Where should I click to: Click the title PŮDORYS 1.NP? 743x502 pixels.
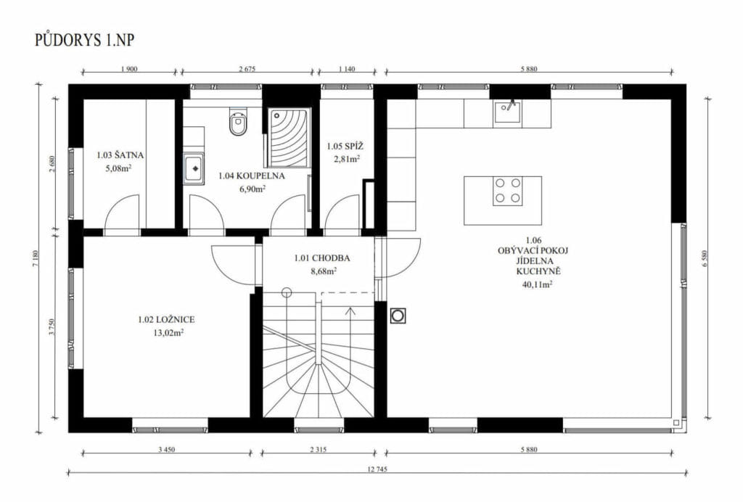84,40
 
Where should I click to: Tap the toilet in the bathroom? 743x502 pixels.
238,121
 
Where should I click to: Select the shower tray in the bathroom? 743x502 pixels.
289,137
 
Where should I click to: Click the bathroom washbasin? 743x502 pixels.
194,168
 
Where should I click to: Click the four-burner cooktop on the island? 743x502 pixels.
507,190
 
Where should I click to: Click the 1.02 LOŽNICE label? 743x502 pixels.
166,320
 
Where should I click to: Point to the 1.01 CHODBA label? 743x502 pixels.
322,258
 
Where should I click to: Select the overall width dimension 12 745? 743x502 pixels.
377,470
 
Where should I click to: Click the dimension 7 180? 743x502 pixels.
35,258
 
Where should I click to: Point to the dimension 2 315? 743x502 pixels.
318,450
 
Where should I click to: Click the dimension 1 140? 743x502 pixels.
347,69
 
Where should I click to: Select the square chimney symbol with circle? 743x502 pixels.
398,316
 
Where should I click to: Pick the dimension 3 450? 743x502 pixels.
166,450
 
